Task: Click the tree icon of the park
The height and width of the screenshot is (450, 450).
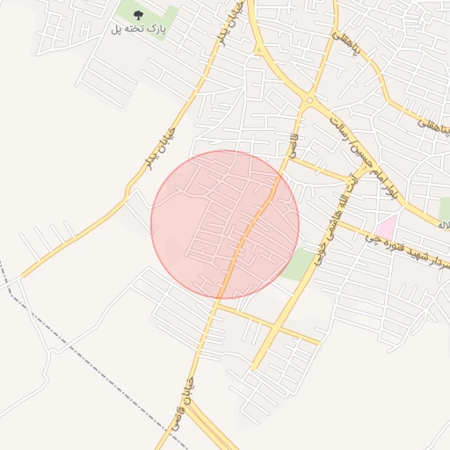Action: [137, 15]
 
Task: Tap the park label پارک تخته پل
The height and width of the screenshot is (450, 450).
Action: [138, 30]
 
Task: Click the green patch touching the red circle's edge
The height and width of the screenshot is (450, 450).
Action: [299, 263]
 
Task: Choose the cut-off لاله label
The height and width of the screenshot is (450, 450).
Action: [444, 227]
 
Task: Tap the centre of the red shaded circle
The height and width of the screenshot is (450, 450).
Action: [225, 224]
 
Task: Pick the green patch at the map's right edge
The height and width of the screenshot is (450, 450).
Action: [444, 207]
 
